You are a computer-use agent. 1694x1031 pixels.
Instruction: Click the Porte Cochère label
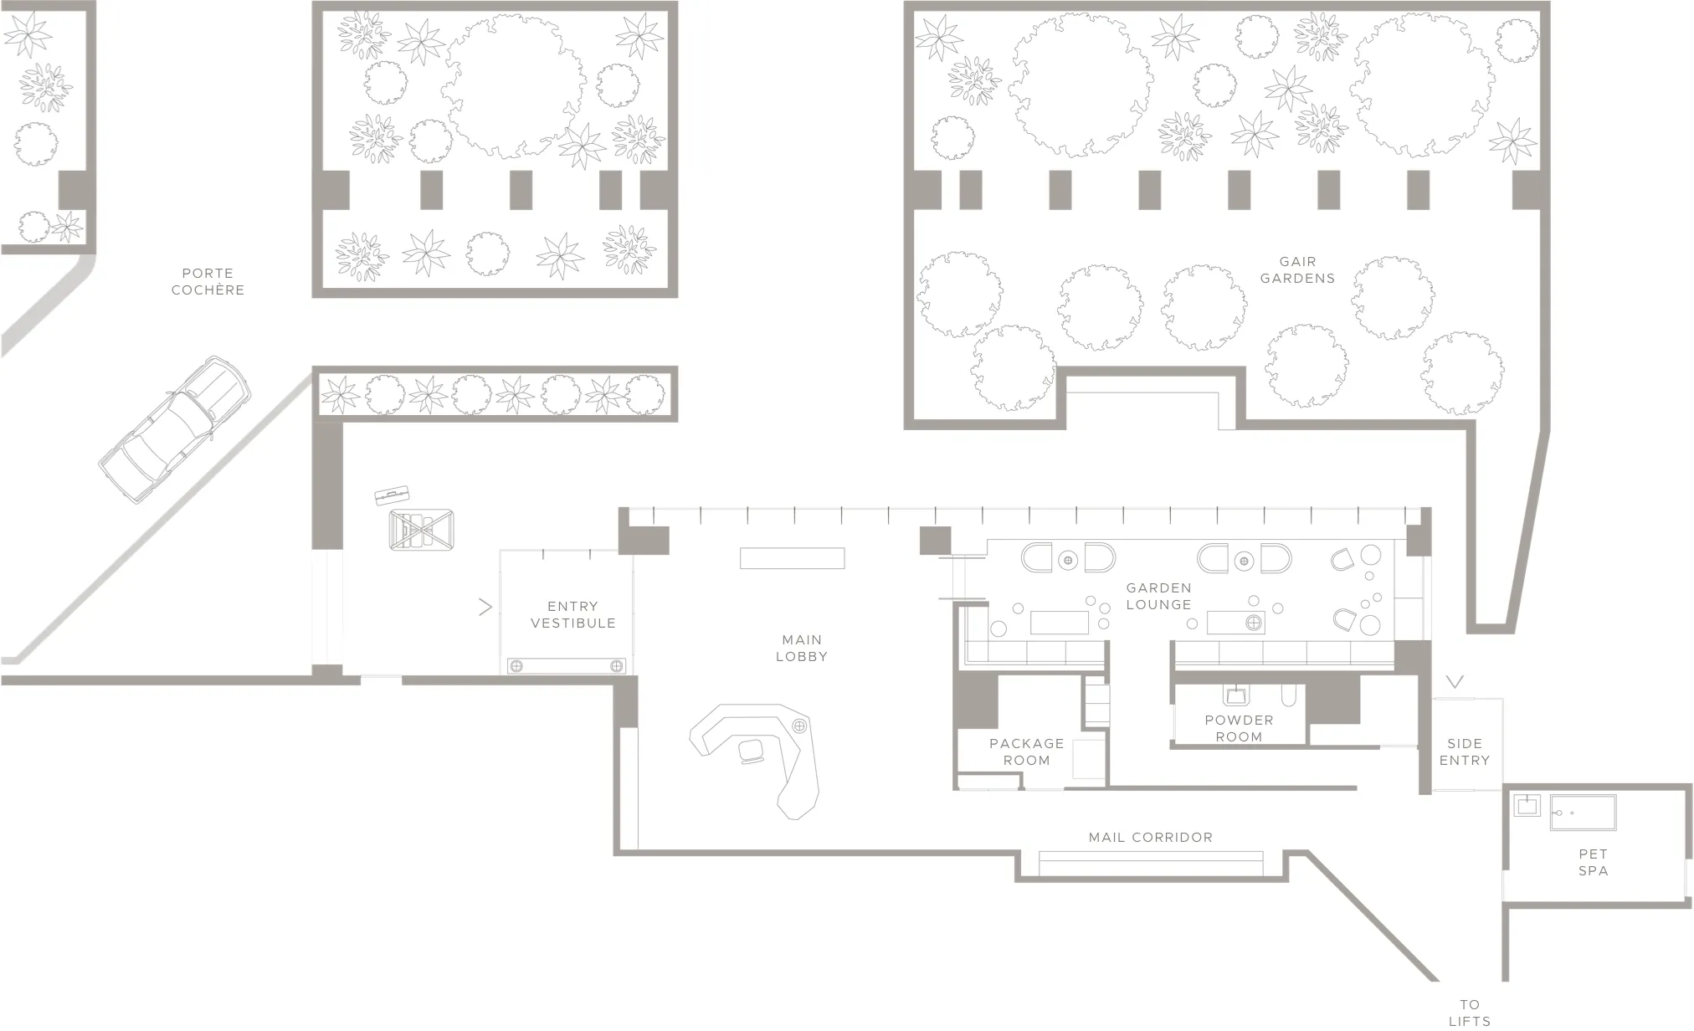click(208, 281)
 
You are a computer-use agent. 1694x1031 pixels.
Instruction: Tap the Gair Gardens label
click(1297, 269)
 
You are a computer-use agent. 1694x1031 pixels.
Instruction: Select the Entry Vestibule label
click(572, 614)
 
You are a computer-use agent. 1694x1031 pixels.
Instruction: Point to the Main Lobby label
click(801, 648)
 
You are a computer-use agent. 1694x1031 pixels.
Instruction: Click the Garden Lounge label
click(1158, 596)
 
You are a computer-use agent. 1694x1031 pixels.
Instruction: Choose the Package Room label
click(1026, 751)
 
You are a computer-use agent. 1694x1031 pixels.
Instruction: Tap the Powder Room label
click(1239, 728)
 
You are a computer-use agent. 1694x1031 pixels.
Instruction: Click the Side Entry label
click(1464, 751)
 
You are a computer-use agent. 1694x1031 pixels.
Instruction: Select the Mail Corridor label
click(1150, 837)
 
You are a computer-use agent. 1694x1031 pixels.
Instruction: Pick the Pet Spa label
click(1593, 862)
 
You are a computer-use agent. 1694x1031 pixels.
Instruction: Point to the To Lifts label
click(1470, 1013)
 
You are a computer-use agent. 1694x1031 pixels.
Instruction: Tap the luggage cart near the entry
click(421, 529)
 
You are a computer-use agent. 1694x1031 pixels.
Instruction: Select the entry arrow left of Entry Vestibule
click(485, 607)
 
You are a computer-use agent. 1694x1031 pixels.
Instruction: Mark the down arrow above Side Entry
click(1455, 682)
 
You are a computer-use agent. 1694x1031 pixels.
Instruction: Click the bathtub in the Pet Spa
click(1583, 812)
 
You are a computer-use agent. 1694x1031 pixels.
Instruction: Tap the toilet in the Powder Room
click(1289, 695)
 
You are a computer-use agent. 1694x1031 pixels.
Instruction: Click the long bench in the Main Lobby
click(792, 557)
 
